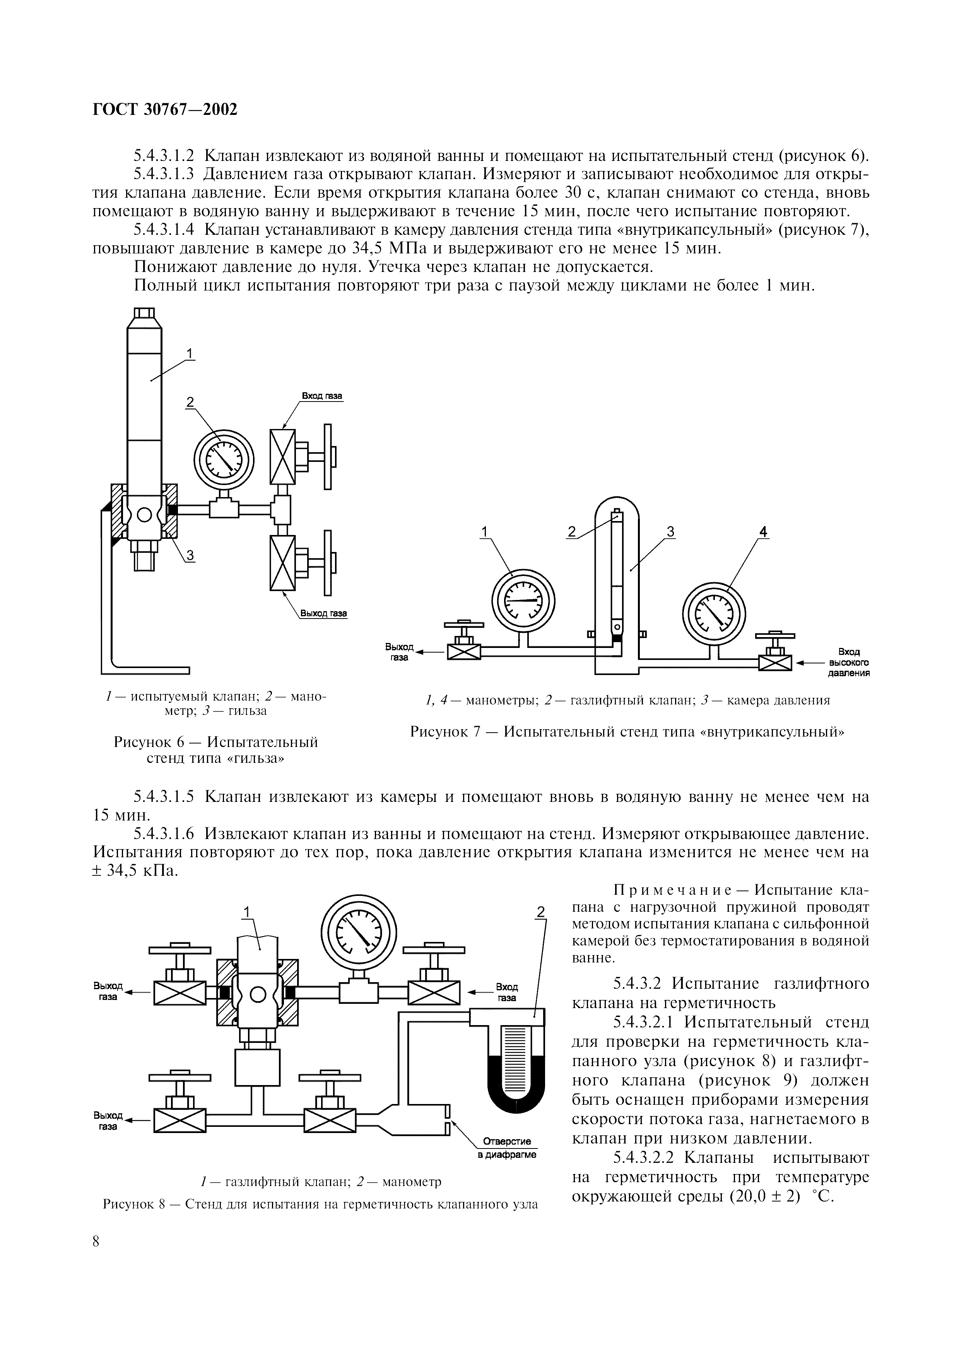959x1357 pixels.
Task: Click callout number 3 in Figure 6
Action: [190, 554]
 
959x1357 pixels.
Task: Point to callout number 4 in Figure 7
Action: [763, 532]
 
